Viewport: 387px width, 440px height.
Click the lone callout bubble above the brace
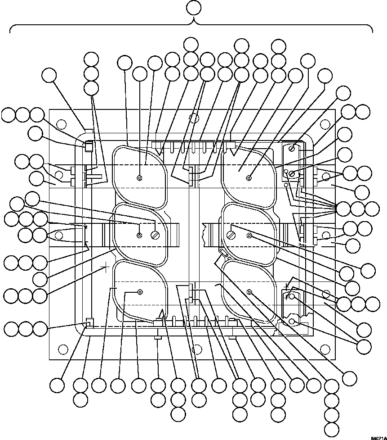(194, 8)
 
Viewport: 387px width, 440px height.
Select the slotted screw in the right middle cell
(231, 235)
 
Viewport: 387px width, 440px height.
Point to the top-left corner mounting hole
(63, 124)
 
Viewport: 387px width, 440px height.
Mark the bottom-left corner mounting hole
(63, 348)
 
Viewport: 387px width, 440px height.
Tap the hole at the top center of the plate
(194, 118)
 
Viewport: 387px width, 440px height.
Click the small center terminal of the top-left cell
(140, 177)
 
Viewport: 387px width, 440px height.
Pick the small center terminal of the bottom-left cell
(140, 292)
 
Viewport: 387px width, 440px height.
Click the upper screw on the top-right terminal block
(292, 149)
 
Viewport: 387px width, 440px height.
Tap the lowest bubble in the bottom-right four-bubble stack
(332, 428)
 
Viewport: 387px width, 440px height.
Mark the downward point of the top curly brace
(194, 23)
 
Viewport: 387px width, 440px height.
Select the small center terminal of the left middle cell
(140, 235)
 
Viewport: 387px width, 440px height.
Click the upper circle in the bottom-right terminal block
(292, 296)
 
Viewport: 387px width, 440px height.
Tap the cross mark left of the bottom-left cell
(106, 269)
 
